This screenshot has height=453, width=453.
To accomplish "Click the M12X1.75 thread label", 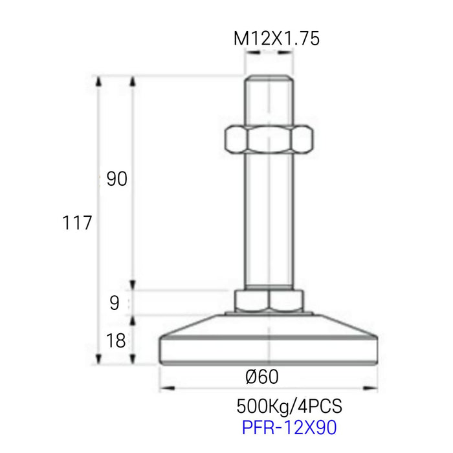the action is click(x=276, y=38).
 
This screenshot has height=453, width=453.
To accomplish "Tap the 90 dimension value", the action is click(x=116, y=179).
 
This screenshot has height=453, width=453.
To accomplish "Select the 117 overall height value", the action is click(x=77, y=223).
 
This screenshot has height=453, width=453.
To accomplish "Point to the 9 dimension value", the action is click(x=115, y=303).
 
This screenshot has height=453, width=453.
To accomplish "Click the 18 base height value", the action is click(x=116, y=340).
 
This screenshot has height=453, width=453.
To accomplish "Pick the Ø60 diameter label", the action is click(x=262, y=377).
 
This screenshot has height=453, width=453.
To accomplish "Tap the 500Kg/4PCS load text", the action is click(x=289, y=406).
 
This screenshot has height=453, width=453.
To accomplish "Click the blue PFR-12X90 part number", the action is click(x=289, y=427).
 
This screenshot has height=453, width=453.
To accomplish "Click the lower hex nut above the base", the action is click(x=269, y=300).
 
